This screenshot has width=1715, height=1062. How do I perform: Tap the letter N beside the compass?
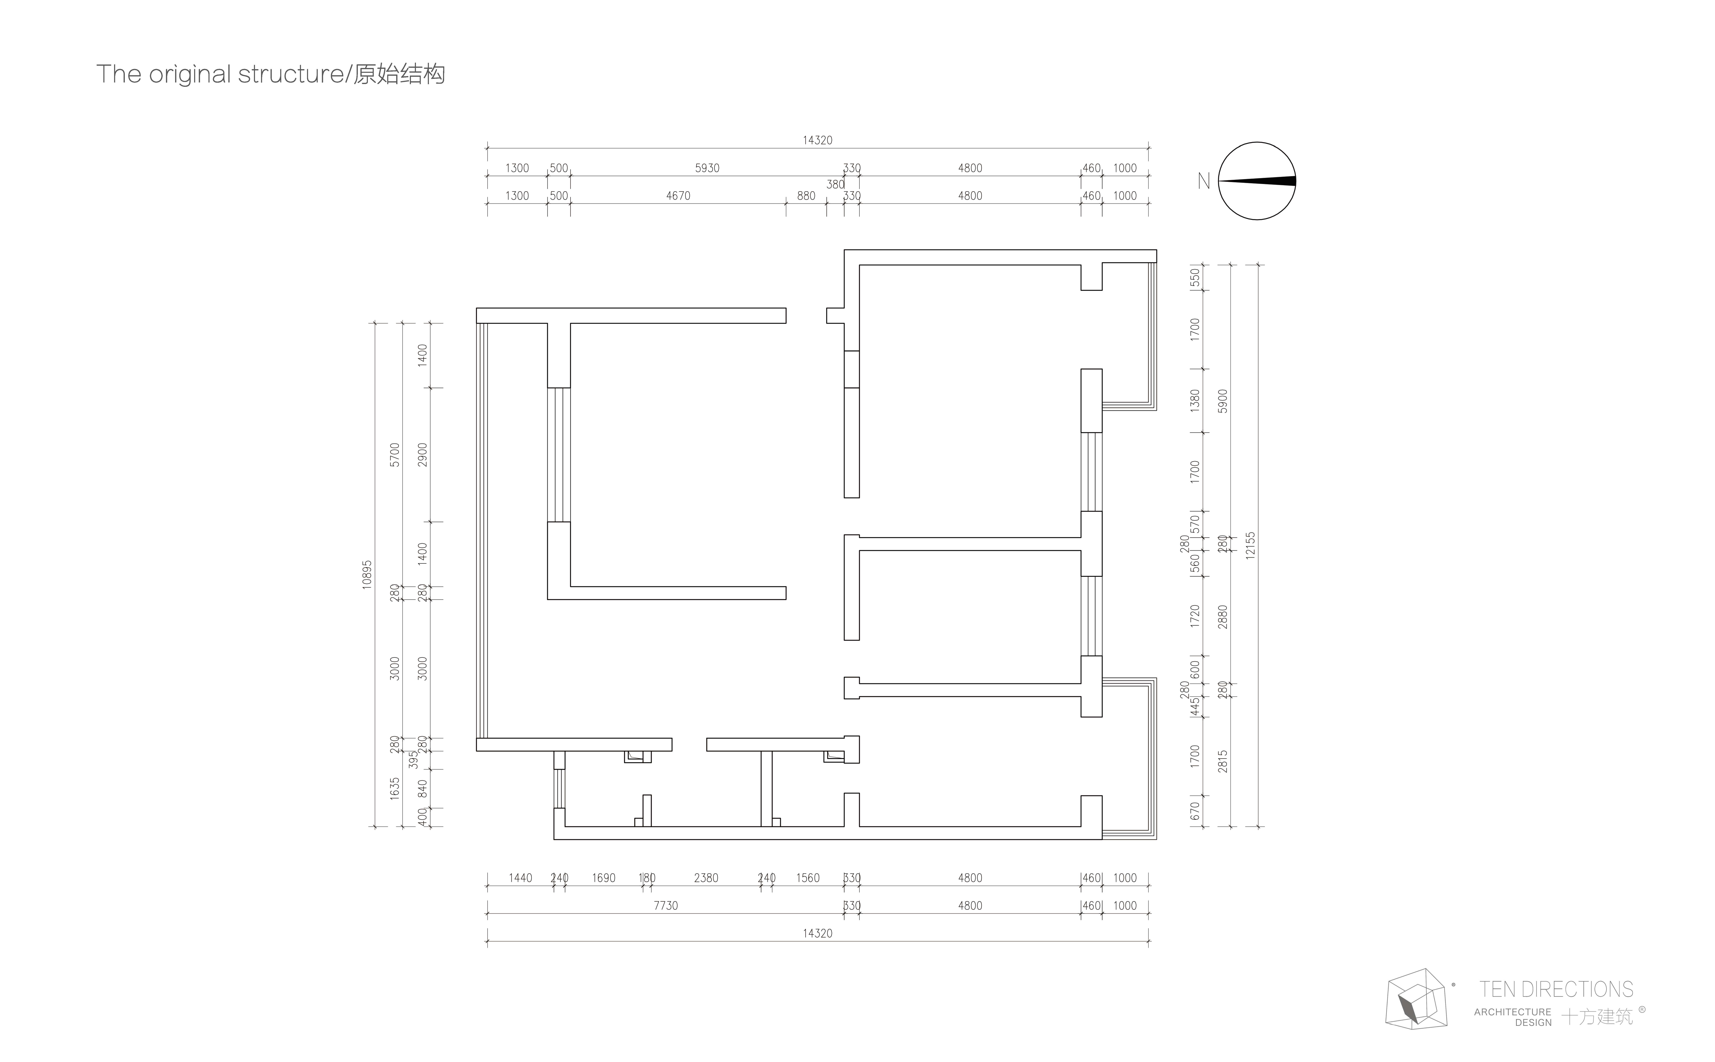click(x=1204, y=181)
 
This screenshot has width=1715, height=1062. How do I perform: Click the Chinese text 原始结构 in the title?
click(x=399, y=74)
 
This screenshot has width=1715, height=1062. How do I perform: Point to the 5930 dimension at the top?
click(x=707, y=168)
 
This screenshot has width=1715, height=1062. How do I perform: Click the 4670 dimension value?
click(x=678, y=196)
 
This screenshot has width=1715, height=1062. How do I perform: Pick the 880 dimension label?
click(x=806, y=196)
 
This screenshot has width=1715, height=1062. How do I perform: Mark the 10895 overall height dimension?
click(x=366, y=575)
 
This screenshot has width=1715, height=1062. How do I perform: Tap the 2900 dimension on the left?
click(x=422, y=454)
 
